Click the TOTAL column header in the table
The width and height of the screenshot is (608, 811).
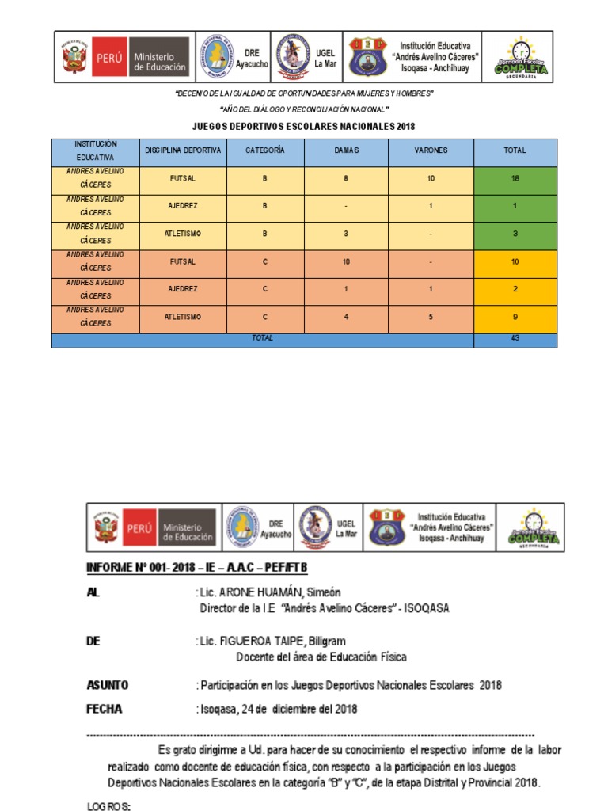pos(515,150)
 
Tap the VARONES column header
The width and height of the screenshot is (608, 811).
pos(431,150)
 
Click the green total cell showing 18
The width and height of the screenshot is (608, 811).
pos(515,179)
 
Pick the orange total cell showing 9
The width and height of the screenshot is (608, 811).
pos(515,317)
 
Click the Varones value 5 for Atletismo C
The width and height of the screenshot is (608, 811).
pos(431,317)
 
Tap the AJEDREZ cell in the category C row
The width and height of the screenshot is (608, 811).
pos(183,289)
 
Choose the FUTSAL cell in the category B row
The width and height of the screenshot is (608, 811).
pos(183,179)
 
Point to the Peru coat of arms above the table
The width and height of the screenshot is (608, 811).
pos(74,57)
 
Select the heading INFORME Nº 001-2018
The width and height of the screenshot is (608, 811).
pos(196,569)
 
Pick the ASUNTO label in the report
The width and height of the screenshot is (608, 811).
pos(107,685)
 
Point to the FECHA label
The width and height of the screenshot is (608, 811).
pos(104,709)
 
